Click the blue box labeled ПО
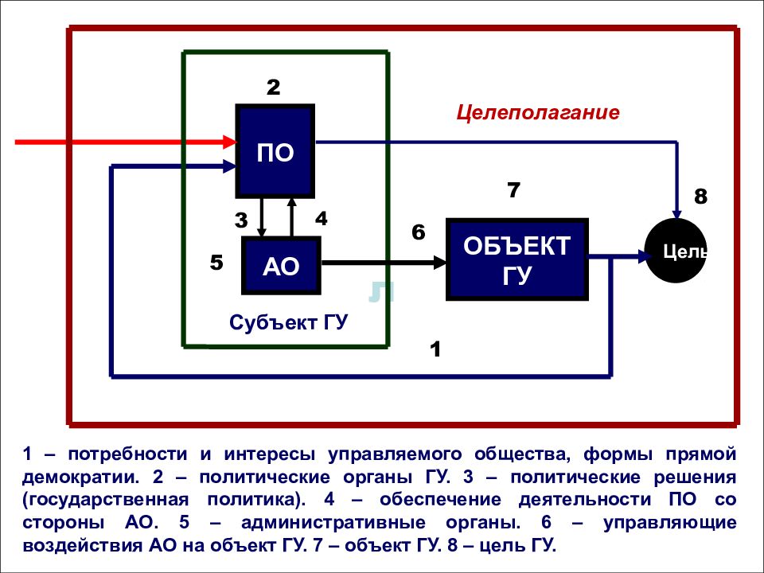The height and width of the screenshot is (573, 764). coord(275,151)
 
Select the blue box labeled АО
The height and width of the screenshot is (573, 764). coord(281,266)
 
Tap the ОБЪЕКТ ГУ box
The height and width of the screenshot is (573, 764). coord(517,259)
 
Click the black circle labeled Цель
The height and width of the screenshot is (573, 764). coord(676,251)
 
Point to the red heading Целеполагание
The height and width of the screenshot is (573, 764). coord(538,112)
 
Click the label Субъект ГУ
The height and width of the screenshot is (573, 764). coord(288,322)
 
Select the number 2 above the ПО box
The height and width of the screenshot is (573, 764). coord(273,88)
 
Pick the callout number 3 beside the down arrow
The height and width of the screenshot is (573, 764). coord(241,220)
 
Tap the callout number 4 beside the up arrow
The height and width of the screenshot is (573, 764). coord(321,219)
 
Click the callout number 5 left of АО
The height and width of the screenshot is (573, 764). coord(216,263)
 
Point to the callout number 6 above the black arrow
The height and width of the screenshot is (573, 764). coord(419,232)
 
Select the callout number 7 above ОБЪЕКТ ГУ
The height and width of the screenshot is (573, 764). coord(513,190)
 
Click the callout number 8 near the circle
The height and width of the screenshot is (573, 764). coord(700,197)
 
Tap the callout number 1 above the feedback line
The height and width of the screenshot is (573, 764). coord(435,349)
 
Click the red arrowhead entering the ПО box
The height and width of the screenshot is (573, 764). coord(229,142)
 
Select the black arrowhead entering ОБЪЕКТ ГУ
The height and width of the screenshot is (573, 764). coord(440,263)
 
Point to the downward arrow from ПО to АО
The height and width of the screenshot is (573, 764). coord(262,217)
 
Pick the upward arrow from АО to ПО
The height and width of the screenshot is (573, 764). coord(291,216)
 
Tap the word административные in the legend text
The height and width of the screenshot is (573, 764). coord(333,522)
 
